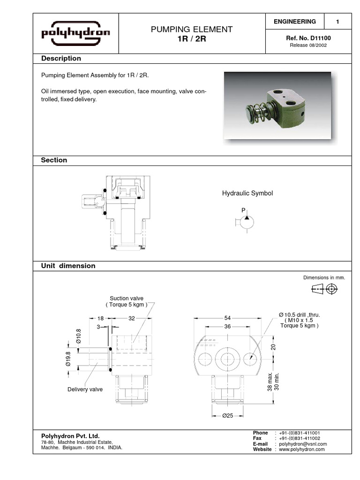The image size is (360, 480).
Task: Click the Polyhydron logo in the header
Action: pyautogui.click(x=76, y=33)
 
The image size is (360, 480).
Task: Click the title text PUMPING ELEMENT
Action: pyautogui.click(x=191, y=30)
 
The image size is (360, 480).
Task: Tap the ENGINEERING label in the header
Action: pyautogui.click(x=294, y=22)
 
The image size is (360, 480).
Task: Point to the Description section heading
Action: pyautogui.click(x=61, y=59)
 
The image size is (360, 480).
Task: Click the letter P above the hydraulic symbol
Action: pyautogui.click(x=243, y=211)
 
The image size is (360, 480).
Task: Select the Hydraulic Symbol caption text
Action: pyautogui.click(x=247, y=193)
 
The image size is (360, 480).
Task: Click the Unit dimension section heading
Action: pyautogui.click(x=68, y=266)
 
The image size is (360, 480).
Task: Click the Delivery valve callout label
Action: pyautogui.click(x=85, y=389)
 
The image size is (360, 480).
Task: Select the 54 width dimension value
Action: pyautogui.click(x=227, y=318)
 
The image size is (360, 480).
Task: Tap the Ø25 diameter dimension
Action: pyautogui.click(x=227, y=415)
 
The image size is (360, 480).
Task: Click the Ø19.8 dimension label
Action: pyautogui.click(x=68, y=359)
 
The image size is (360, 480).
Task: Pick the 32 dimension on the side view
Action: pyautogui.click(x=131, y=318)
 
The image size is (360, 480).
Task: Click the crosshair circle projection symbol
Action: pyautogui.click(x=332, y=289)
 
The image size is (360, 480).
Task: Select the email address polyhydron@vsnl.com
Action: pyautogui.click(x=303, y=444)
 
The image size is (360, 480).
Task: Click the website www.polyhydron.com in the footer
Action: pyautogui.click(x=302, y=450)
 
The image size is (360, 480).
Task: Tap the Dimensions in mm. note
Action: pyautogui.click(x=324, y=277)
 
